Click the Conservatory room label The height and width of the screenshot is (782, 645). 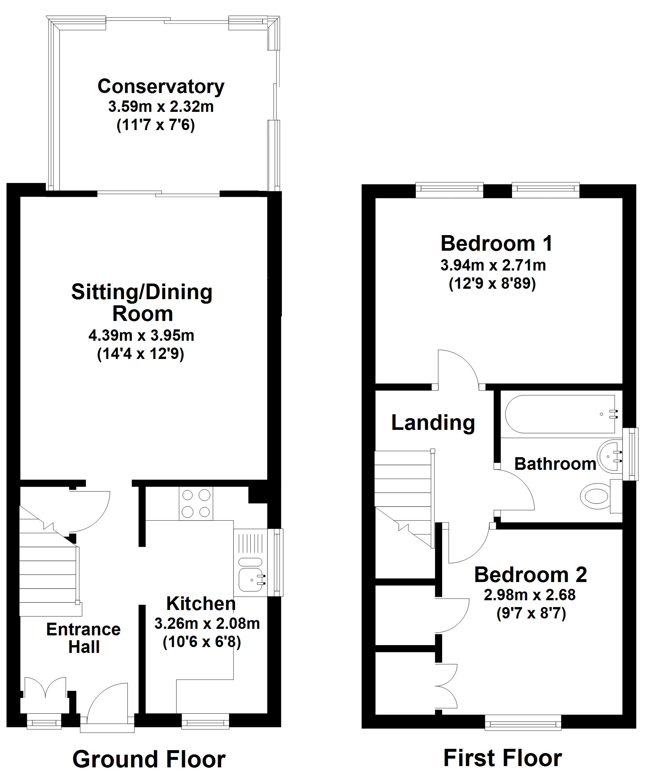click(x=161, y=86)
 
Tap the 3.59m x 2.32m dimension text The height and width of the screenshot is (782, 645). click(x=161, y=107)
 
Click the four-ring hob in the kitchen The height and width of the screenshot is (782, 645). click(x=196, y=504)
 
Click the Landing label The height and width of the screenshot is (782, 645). click(x=433, y=423)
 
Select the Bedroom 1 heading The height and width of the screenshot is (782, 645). click(x=497, y=244)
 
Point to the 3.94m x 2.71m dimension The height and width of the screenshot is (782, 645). click(x=493, y=265)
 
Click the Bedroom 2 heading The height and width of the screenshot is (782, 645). click(x=531, y=575)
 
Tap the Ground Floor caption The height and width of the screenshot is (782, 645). click(x=149, y=759)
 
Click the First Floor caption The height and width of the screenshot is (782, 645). click(x=503, y=758)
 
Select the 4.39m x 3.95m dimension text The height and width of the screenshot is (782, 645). click(x=141, y=336)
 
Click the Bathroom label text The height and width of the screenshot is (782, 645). click(x=555, y=464)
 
